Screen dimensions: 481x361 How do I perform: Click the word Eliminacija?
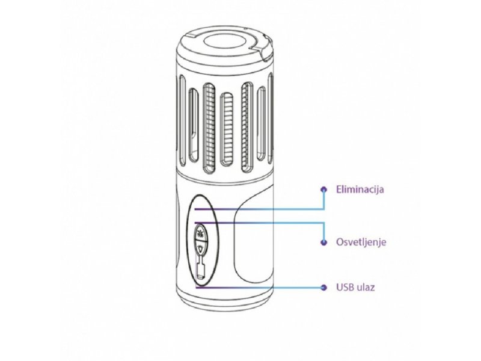tap(360, 189)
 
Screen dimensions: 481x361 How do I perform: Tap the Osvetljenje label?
tap(361, 242)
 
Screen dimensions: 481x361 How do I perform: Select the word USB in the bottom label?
tap(345, 288)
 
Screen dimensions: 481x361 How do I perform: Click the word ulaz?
tap(366, 288)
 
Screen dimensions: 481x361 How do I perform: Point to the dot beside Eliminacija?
tap(323, 190)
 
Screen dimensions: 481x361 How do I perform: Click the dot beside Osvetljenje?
tap(323, 242)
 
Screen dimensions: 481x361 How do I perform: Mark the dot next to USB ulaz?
tap(323, 288)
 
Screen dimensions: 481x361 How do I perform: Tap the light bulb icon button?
tap(201, 247)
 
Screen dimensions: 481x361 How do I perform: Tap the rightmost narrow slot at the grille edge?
tap(270, 118)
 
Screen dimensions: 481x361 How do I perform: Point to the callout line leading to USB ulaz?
tap(260, 288)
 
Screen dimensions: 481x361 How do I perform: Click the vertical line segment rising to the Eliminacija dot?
tap(323, 199)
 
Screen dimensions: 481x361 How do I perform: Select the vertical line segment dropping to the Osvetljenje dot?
tap(323, 232)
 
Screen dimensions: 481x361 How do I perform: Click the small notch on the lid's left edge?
tap(190, 35)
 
